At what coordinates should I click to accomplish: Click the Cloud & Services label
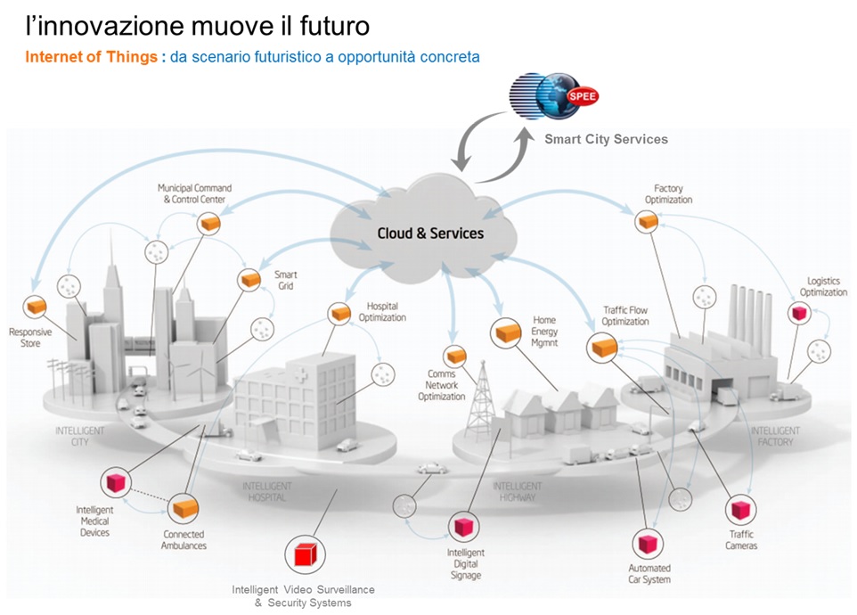(x=430, y=234)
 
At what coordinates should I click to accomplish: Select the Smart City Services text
(x=606, y=139)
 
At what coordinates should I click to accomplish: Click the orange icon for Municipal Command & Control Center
(x=210, y=225)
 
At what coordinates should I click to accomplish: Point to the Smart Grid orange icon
(x=249, y=280)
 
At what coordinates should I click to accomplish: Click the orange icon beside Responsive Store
(x=35, y=307)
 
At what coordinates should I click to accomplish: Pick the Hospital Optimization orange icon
(x=339, y=314)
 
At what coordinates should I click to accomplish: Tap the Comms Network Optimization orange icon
(x=456, y=357)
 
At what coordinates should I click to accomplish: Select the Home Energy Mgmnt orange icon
(x=507, y=332)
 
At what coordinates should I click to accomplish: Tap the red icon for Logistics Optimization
(x=798, y=313)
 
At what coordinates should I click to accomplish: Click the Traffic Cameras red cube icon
(x=740, y=510)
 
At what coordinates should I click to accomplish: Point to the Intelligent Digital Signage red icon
(x=463, y=527)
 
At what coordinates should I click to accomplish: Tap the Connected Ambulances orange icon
(x=184, y=510)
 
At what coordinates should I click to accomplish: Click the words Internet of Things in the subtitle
(x=91, y=57)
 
